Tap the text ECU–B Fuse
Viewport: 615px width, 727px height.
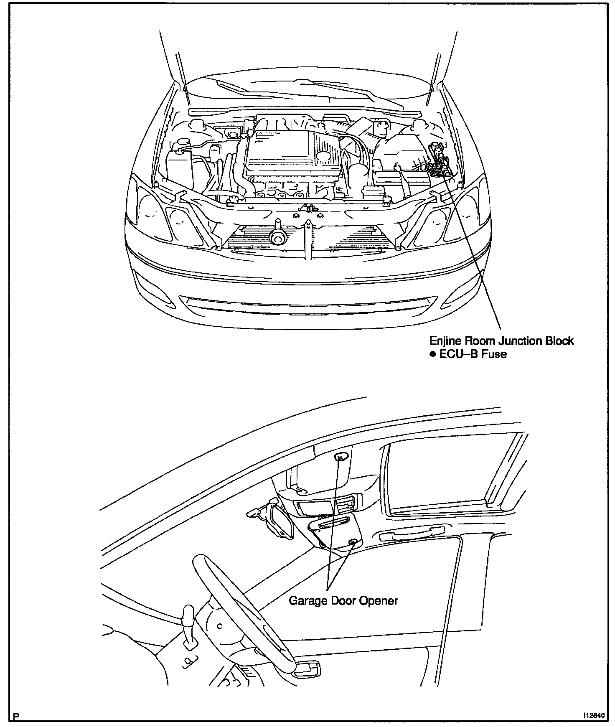pyautogui.click(x=473, y=354)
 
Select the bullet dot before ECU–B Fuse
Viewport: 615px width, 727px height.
pyautogui.click(x=432, y=354)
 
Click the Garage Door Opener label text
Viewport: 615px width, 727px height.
pyautogui.click(x=343, y=600)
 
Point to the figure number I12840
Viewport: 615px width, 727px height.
pyautogui.click(x=593, y=715)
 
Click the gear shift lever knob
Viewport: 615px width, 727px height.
pyautogui.click(x=188, y=614)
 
